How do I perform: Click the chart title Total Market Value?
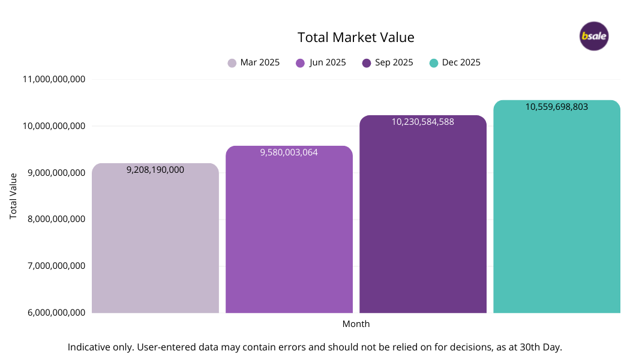[x=356, y=37]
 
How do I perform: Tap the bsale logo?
[x=594, y=37]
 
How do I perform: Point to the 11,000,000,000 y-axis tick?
[x=53, y=79]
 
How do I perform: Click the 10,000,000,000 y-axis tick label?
[x=53, y=126]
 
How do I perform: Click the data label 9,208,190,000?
[x=155, y=170]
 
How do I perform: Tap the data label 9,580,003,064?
[x=289, y=152]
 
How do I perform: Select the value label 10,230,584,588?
[x=422, y=122]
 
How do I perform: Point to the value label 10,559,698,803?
[x=556, y=107]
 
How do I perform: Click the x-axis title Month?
[x=356, y=324]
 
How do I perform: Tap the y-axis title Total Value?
[x=13, y=196]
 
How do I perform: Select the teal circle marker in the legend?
[x=433, y=63]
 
